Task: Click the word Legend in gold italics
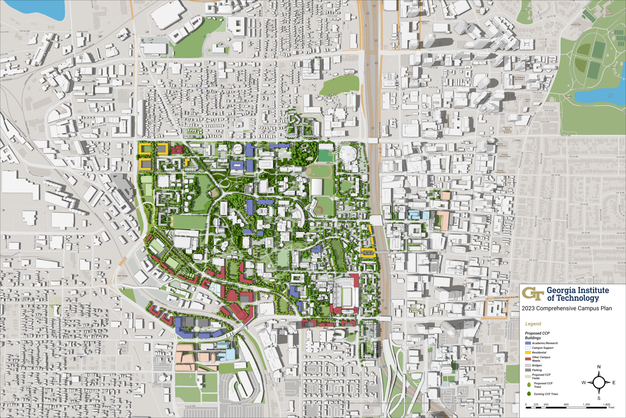(x=533, y=324)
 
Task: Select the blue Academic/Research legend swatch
(x=528, y=343)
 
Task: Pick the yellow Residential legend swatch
(x=528, y=352)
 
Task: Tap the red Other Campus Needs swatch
(x=528, y=359)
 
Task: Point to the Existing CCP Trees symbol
(x=529, y=394)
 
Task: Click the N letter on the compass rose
(x=599, y=367)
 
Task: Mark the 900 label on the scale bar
(x=566, y=405)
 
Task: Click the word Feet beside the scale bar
(x=611, y=407)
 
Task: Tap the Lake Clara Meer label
(x=611, y=96)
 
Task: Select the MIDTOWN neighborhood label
(x=499, y=114)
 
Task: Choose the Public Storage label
(x=123, y=276)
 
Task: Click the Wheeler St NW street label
(x=20, y=270)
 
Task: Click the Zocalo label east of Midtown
(x=518, y=140)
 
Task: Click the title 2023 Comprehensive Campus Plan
(x=567, y=309)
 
